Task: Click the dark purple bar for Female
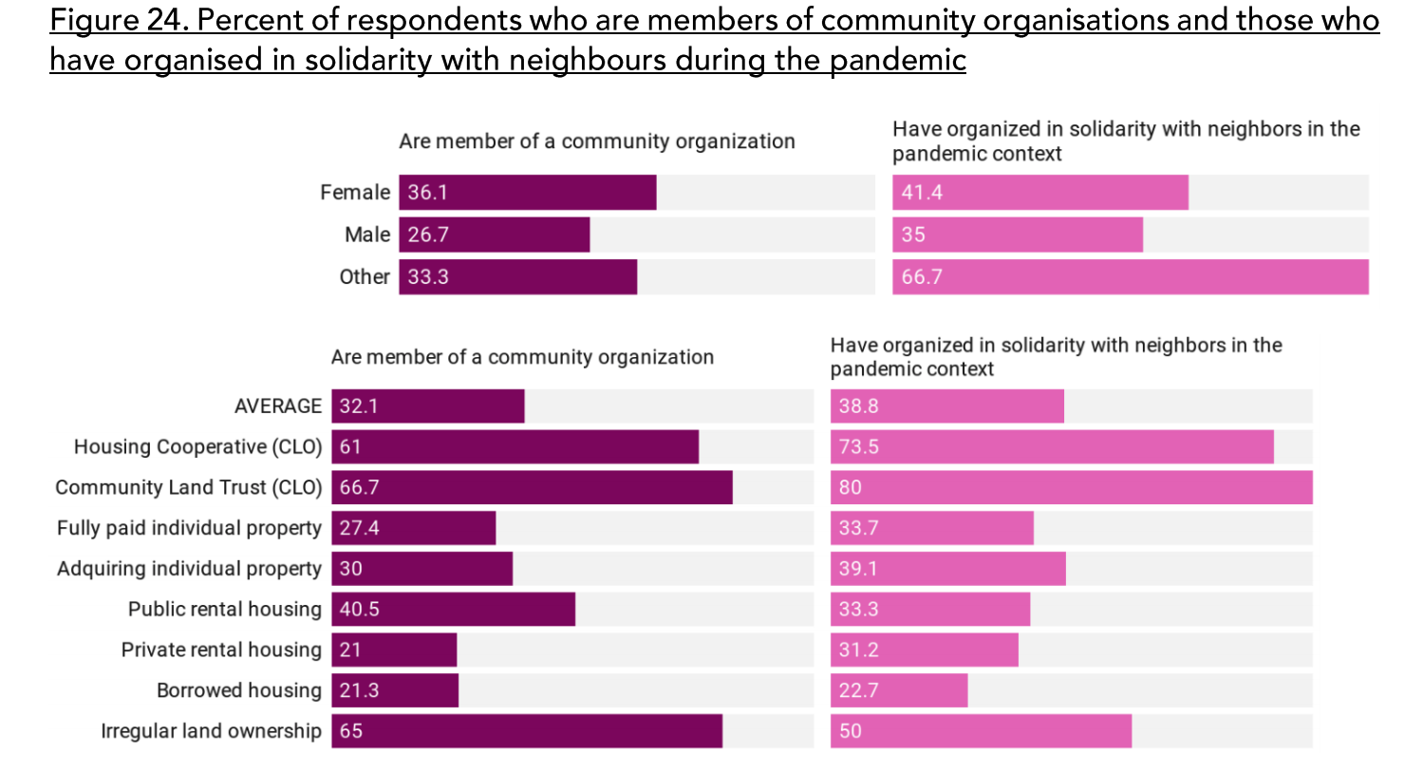click(x=527, y=192)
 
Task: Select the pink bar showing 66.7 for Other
click(x=1130, y=276)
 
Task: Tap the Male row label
click(x=367, y=235)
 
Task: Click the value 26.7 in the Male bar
click(x=428, y=235)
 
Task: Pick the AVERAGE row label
click(x=278, y=406)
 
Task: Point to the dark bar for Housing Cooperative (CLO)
click(x=515, y=446)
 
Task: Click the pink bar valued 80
click(x=1071, y=487)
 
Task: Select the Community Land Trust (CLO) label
click(x=189, y=487)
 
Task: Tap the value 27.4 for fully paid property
click(x=359, y=528)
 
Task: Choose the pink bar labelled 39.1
click(x=947, y=569)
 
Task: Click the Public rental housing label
click(x=225, y=609)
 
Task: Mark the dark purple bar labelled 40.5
click(x=453, y=609)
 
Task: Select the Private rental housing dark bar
click(x=394, y=650)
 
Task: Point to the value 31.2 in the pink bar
click(x=858, y=650)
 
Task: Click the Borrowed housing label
click(x=239, y=690)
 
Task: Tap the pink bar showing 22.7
click(x=899, y=690)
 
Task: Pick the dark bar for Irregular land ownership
click(x=527, y=731)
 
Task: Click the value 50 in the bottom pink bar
click(x=851, y=731)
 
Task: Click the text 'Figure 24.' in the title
click(x=118, y=20)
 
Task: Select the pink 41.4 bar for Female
click(x=1039, y=192)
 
